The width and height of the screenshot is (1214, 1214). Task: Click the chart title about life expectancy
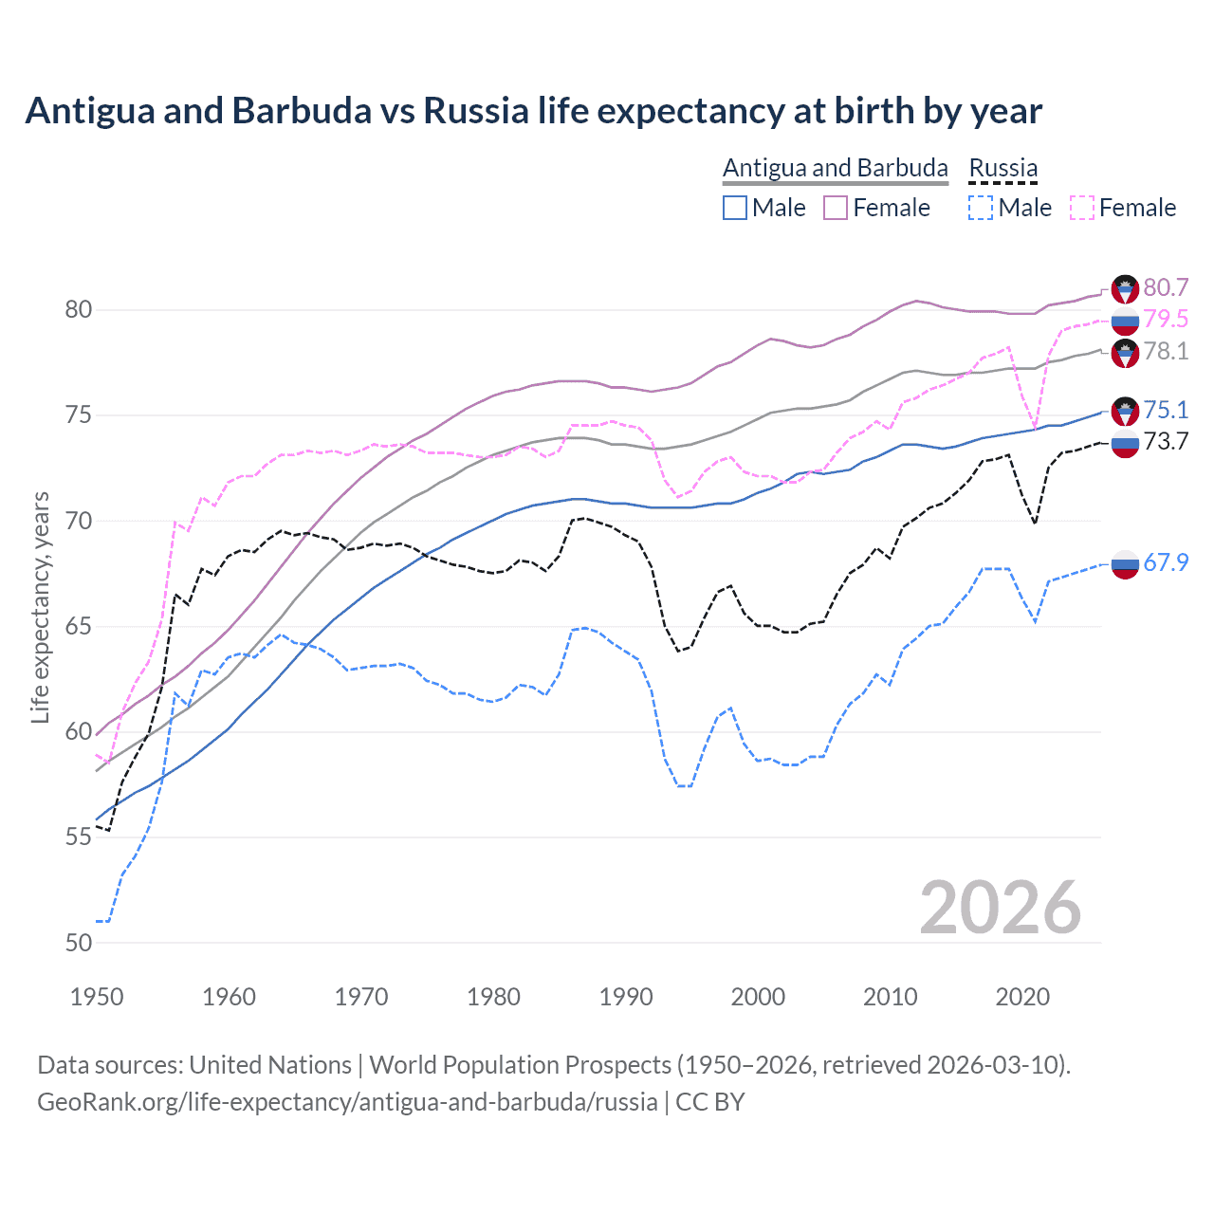533,111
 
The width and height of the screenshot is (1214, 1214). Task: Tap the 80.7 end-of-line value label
1166,287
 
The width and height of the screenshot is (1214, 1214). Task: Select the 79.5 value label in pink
1166,319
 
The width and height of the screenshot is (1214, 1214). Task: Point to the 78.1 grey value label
1166,351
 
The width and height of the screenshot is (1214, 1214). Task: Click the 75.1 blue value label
1166,410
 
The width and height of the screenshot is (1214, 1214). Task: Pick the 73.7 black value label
1166,441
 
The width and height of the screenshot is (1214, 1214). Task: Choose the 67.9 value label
1166,562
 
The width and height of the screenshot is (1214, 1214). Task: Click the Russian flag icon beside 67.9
1125,563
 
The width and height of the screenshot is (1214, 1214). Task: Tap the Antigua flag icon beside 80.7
1125,288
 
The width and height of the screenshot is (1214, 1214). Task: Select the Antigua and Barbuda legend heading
835,168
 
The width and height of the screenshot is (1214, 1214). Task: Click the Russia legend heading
1002,168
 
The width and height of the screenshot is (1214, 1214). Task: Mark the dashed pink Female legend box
1081,208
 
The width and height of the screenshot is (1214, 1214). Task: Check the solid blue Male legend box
735,208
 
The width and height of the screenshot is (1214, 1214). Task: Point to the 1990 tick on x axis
626,997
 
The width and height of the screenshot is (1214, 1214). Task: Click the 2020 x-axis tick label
1022,997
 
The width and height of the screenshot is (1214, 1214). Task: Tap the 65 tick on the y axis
79,627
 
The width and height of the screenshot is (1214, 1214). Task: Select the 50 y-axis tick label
79,943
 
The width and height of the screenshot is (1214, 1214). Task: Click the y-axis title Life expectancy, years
40,607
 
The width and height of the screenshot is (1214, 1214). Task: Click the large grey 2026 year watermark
1000,908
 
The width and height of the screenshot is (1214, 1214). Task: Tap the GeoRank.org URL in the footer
347,1102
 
